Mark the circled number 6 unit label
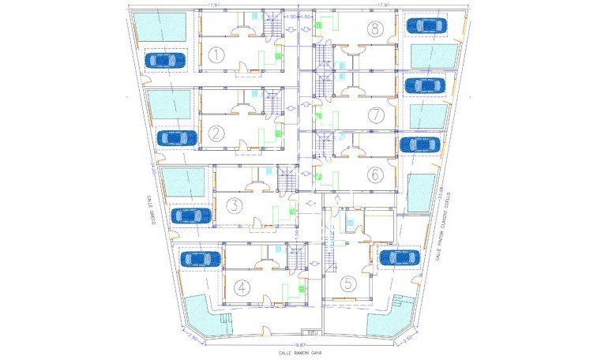[x=375, y=174]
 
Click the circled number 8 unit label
[x=375, y=30]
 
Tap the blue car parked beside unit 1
[x=165, y=60]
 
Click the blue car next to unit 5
[x=399, y=257]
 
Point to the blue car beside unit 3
[x=191, y=215]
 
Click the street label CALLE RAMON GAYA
[x=300, y=353]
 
